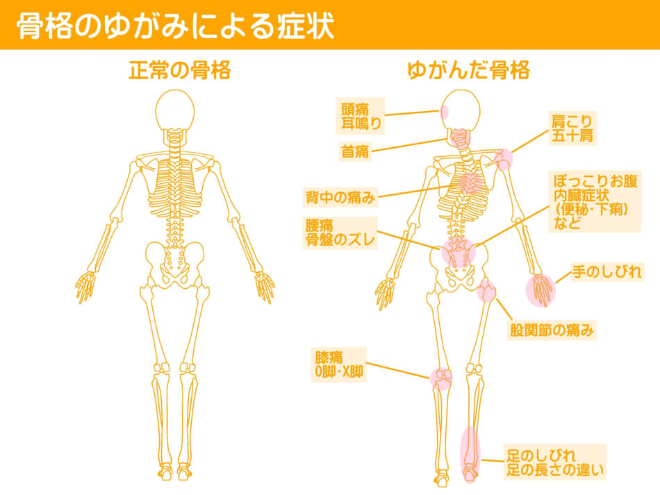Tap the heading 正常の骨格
pyautogui.click(x=180, y=70)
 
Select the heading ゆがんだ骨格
pyautogui.click(x=468, y=70)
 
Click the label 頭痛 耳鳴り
pyautogui.click(x=360, y=116)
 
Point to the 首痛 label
pyautogui.click(x=355, y=151)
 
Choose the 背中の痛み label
pyautogui.click(x=340, y=197)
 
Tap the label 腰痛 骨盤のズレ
pyautogui.click(x=340, y=233)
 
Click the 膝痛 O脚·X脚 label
pyautogui.click(x=339, y=364)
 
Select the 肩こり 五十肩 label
pyautogui.click(x=572, y=128)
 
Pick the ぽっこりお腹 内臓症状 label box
pyautogui.click(x=595, y=201)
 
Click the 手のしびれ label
pyautogui.click(x=606, y=271)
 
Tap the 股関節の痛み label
pyautogui.click(x=552, y=330)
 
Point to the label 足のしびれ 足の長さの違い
pyautogui.click(x=555, y=462)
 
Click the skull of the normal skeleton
pyautogui.click(x=175, y=110)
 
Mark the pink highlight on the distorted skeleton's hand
pyautogui.click(x=541, y=290)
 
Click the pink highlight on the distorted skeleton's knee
pyautogui.click(x=441, y=378)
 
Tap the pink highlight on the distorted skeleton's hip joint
pyautogui.click(x=486, y=290)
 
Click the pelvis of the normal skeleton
pyautogui.click(x=174, y=264)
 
